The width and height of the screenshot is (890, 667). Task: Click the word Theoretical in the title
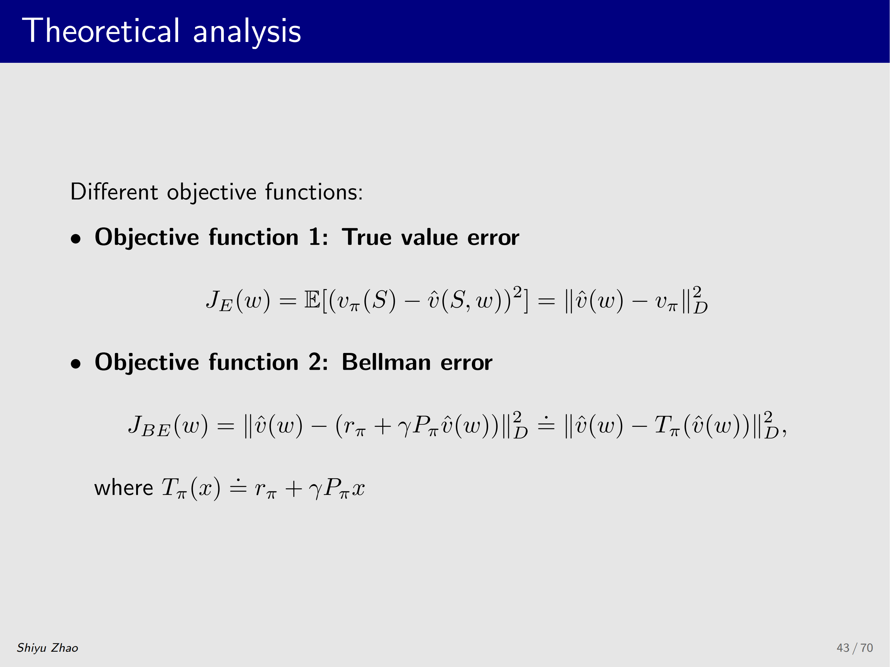[x=101, y=31]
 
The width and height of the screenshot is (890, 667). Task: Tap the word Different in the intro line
[x=114, y=191]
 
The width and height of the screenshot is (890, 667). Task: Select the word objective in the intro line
[x=212, y=193]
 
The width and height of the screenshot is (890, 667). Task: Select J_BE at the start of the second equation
[x=149, y=426]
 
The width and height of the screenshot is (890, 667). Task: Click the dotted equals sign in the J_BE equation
[x=546, y=424]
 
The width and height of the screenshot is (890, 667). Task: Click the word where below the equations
[x=124, y=488]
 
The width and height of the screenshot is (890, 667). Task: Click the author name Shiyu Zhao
[x=48, y=648]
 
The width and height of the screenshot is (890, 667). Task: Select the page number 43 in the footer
[x=843, y=648]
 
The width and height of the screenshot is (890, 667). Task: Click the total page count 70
[x=867, y=648]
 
